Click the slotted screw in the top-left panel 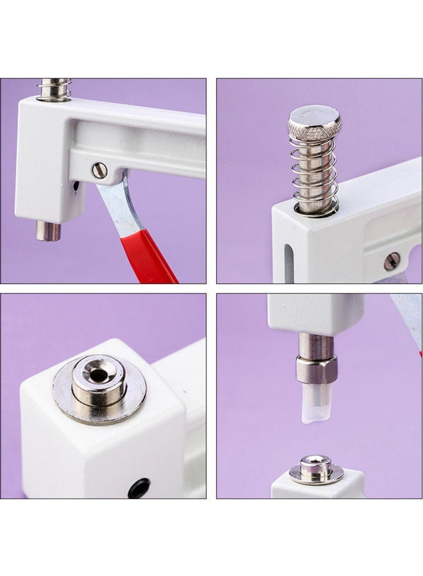(99, 170)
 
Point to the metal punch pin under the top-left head (48, 231)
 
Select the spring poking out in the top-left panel (54, 89)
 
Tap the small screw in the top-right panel (392, 260)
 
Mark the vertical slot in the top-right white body (288, 259)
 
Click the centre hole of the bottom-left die (98, 375)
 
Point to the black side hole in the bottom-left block (138, 488)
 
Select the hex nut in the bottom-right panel (316, 369)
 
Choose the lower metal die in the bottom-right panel (316, 468)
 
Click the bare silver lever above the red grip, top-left (117, 204)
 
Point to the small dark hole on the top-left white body (76, 186)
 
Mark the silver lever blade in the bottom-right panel (406, 320)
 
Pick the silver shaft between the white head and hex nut (316, 346)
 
